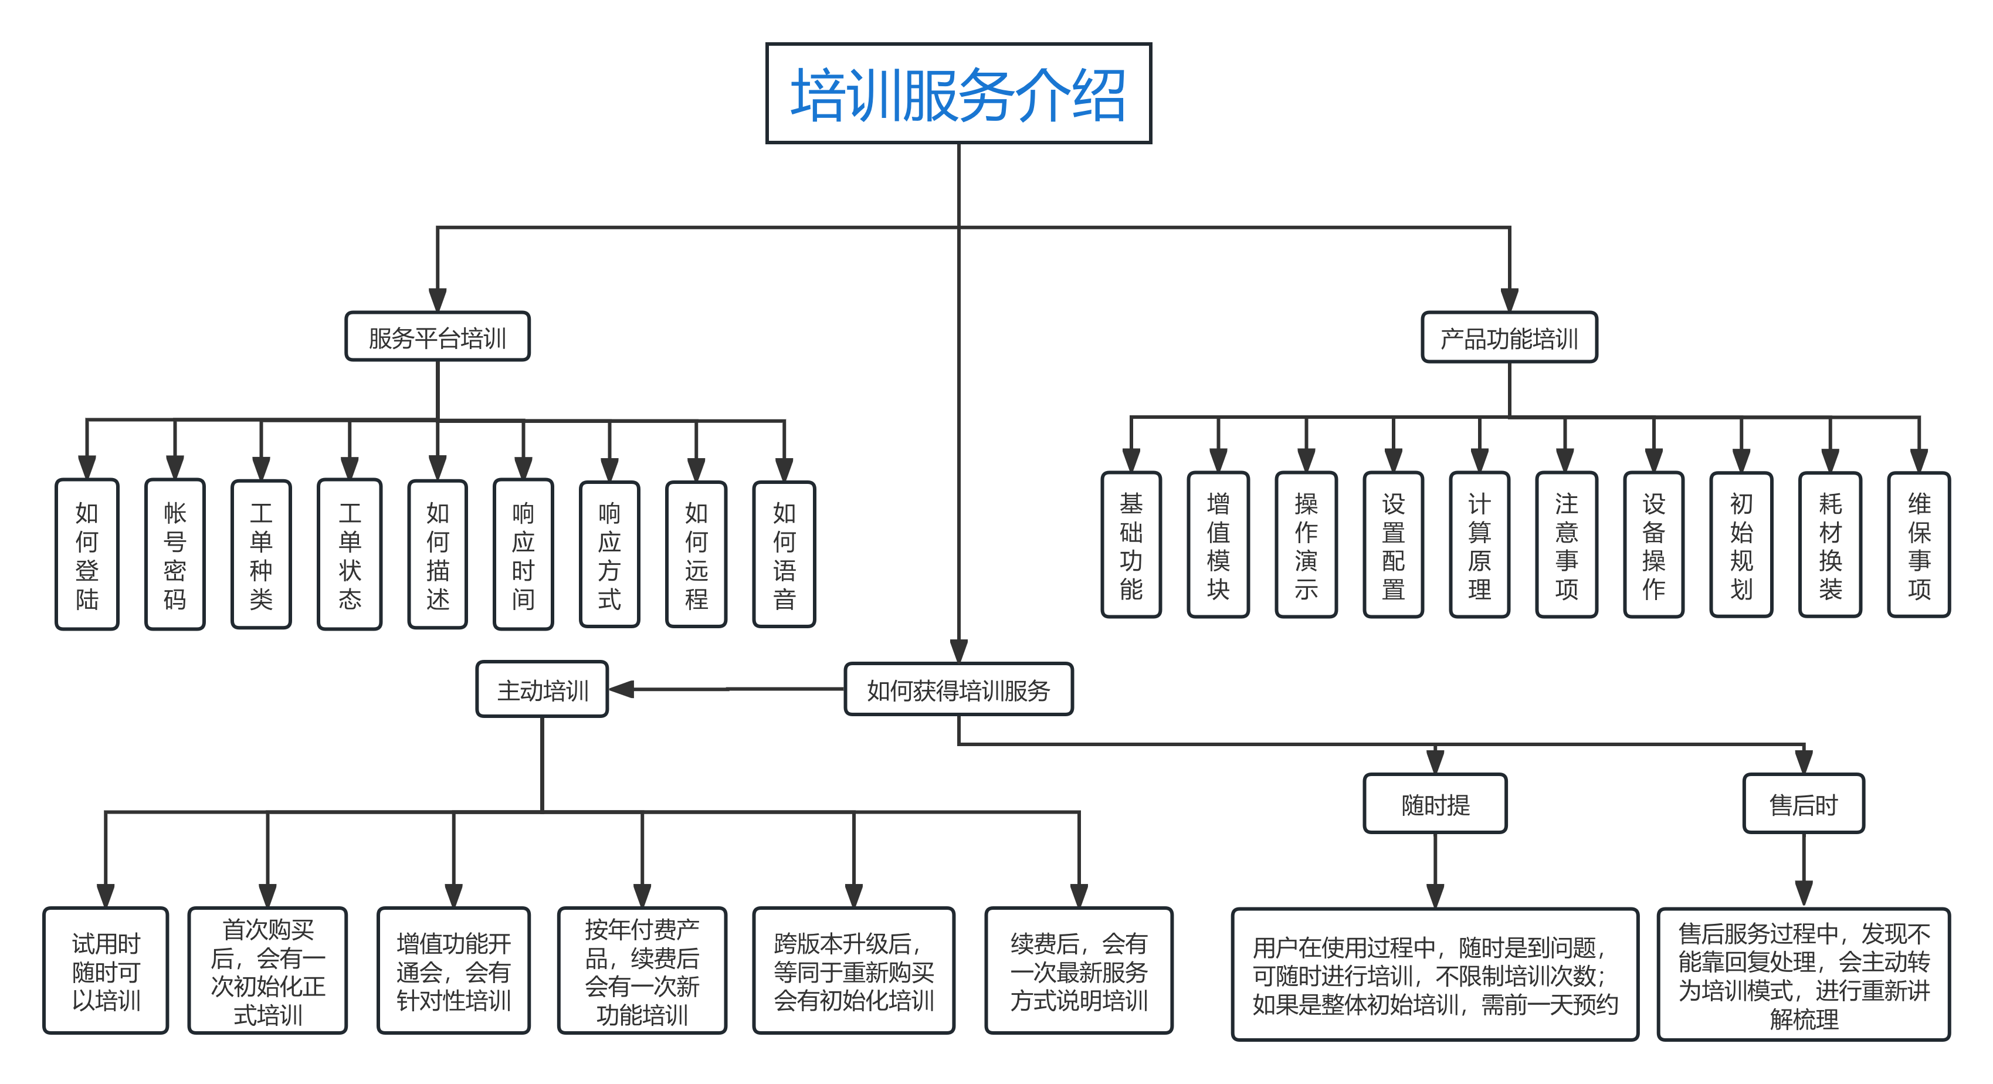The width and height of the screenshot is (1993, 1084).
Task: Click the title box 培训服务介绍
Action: tap(958, 94)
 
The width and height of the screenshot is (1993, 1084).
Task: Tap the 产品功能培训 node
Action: tap(1509, 337)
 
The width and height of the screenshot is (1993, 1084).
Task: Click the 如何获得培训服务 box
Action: tap(958, 689)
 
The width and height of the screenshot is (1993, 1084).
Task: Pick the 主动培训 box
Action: tap(543, 689)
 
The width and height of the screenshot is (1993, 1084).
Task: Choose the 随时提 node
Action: tap(1435, 804)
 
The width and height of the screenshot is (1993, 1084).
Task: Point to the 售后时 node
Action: tap(1804, 804)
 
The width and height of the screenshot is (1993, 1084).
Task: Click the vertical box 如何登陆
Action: tap(87, 554)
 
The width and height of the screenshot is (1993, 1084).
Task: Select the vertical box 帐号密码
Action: tap(175, 554)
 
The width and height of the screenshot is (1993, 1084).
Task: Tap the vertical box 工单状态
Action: tap(350, 554)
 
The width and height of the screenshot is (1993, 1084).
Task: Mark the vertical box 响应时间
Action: tap(523, 554)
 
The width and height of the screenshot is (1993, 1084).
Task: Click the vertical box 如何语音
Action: tap(784, 554)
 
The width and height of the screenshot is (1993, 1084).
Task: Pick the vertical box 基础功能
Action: tap(1131, 546)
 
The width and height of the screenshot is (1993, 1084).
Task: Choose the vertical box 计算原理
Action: tap(1479, 546)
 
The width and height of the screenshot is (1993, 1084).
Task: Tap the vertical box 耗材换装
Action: tap(1830, 546)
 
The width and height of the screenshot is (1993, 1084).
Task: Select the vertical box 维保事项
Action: tap(1919, 546)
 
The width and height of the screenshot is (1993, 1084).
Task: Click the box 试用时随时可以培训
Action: tap(106, 971)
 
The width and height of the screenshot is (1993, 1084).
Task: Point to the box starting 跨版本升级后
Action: tap(853, 971)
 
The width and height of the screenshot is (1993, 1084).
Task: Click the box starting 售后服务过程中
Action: tap(1804, 975)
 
